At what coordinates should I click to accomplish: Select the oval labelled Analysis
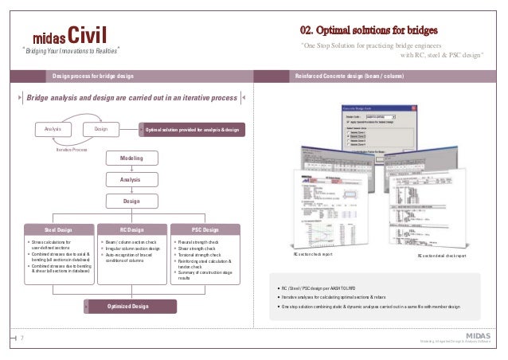(x=53, y=128)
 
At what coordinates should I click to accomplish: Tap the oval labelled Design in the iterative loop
(x=102, y=128)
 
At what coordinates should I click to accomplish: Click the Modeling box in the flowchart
(x=131, y=158)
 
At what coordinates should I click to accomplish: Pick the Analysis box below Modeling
(x=131, y=180)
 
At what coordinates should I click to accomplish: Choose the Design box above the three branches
(x=131, y=202)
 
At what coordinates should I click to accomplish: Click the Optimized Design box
(x=129, y=306)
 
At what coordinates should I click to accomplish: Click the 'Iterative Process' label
(x=72, y=149)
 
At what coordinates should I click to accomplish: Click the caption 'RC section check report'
(x=313, y=256)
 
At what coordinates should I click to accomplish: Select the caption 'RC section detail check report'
(x=442, y=256)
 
